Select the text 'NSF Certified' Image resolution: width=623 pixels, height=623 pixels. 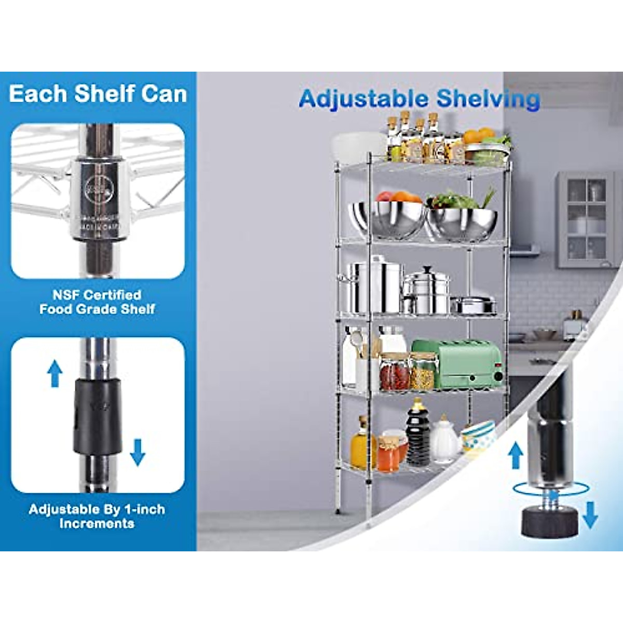coord(97,295)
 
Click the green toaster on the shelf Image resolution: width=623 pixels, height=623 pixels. coord(457,363)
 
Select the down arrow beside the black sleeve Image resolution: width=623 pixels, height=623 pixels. coord(138,452)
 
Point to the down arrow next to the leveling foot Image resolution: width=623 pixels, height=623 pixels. coord(590,514)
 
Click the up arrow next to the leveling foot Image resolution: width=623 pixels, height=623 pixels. coord(515,456)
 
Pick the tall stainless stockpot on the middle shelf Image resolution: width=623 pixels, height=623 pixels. coord(375,287)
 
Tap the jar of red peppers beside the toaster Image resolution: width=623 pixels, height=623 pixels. coord(395,372)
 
